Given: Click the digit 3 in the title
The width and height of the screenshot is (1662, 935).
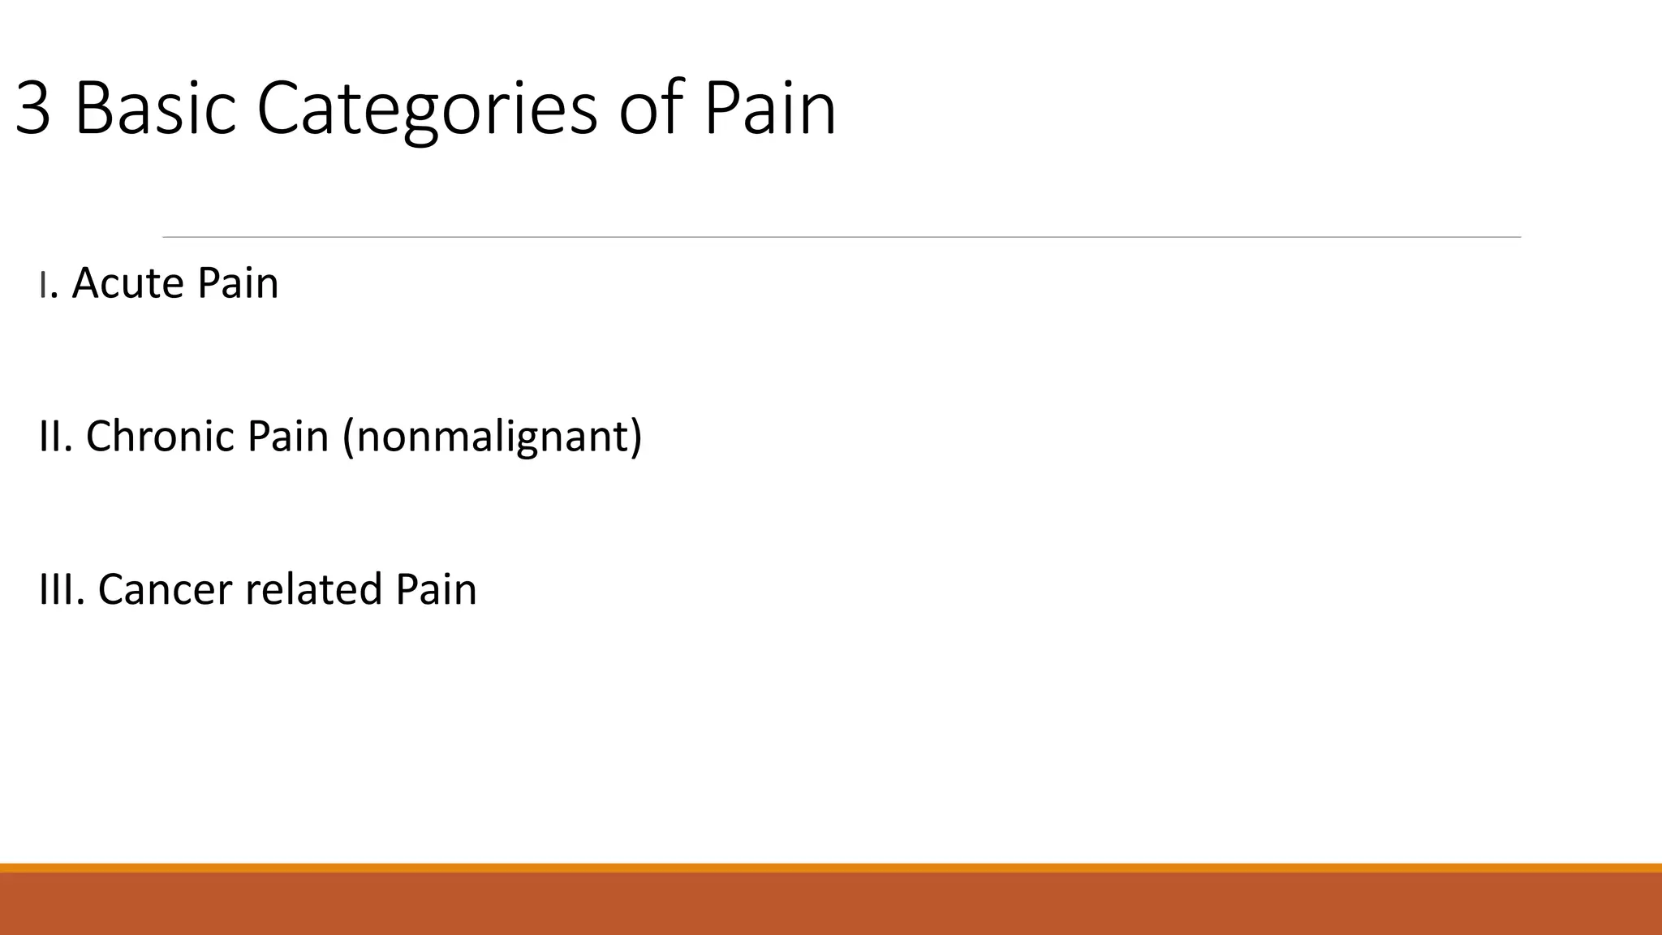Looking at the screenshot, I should tap(33, 109).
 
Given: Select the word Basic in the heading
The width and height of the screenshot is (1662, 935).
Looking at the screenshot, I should tap(155, 109).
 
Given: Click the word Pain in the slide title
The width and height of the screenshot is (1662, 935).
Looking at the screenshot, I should tap(769, 109).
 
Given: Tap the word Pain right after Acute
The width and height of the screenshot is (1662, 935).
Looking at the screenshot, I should tap(238, 283).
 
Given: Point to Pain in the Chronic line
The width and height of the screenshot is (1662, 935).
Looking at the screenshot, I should tap(287, 437).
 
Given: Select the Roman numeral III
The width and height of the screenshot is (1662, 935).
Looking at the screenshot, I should tap(60, 589).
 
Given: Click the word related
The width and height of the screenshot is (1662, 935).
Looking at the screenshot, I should tap(313, 589).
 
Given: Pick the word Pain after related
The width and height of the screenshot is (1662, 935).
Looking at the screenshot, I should tap(436, 589).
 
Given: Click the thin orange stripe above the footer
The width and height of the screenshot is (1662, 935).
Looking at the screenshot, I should tap(831, 868).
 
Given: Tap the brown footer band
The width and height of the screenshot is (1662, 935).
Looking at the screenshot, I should tap(831, 904).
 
